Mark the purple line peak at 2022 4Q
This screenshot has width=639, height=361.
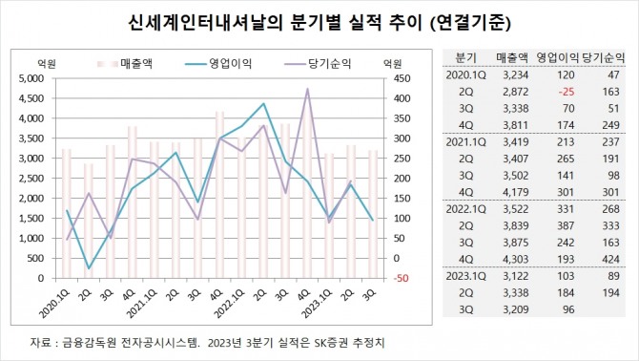pyautogui.click(x=307, y=89)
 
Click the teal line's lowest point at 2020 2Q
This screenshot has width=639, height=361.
pyautogui.click(x=89, y=268)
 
